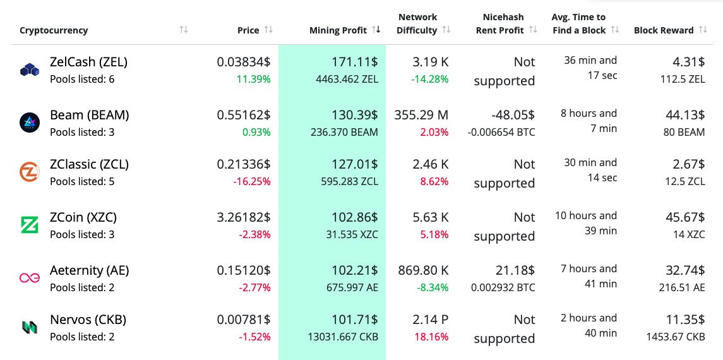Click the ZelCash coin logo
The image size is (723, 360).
pos(30,70)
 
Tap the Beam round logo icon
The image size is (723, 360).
pos(30,123)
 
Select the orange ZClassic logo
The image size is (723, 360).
pos(30,172)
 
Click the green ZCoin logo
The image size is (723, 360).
pos(30,224)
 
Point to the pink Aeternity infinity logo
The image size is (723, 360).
pos(30,277)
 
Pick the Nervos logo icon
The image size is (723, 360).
pos(30,327)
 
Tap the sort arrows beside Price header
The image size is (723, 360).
pos(268,30)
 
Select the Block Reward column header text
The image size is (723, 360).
pos(664,30)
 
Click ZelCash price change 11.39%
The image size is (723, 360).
pos(254,80)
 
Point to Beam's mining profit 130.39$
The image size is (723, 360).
pos(355,115)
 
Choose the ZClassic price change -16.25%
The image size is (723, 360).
pos(251,182)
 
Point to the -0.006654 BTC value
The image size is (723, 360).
pos(501,133)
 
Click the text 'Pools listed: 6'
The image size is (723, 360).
pos(82,80)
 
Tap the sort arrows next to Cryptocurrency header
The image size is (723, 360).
pos(184,30)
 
